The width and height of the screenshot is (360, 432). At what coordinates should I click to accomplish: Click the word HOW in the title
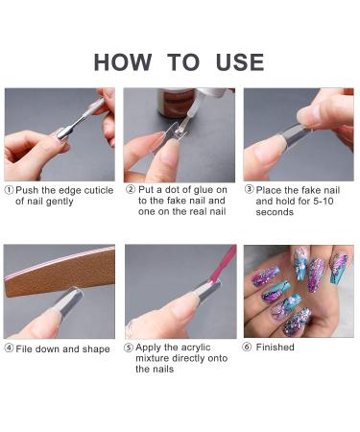[124, 62]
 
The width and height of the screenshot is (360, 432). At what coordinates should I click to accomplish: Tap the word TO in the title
[180, 62]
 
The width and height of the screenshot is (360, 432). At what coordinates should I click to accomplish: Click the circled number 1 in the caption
[9, 190]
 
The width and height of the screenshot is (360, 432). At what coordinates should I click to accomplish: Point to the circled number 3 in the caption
[249, 190]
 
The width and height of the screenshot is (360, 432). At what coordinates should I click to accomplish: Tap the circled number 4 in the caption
[9, 348]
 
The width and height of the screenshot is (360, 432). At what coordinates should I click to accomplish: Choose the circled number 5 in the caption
[130, 348]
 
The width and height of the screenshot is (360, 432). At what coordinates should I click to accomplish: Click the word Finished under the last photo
[276, 347]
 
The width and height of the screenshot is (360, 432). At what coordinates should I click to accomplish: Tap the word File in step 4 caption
[24, 348]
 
